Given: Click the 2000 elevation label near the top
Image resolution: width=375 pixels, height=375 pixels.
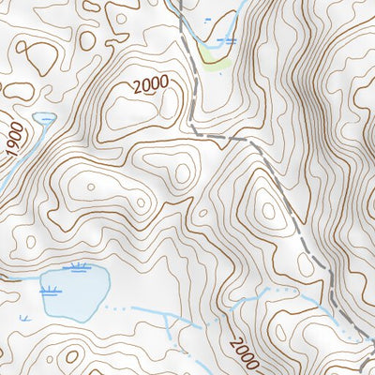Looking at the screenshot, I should pyautogui.click(x=150, y=84).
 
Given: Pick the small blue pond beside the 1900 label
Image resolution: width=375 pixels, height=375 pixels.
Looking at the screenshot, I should pyautogui.click(x=44, y=118).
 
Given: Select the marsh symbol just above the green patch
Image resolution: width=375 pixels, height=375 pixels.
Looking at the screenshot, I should pyautogui.click(x=225, y=41).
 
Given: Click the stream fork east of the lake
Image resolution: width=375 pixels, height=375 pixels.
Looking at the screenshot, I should pyautogui.click(x=167, y=319).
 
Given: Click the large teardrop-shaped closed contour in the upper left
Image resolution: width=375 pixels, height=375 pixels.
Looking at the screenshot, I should pyautogui.click(x=39, y=56).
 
